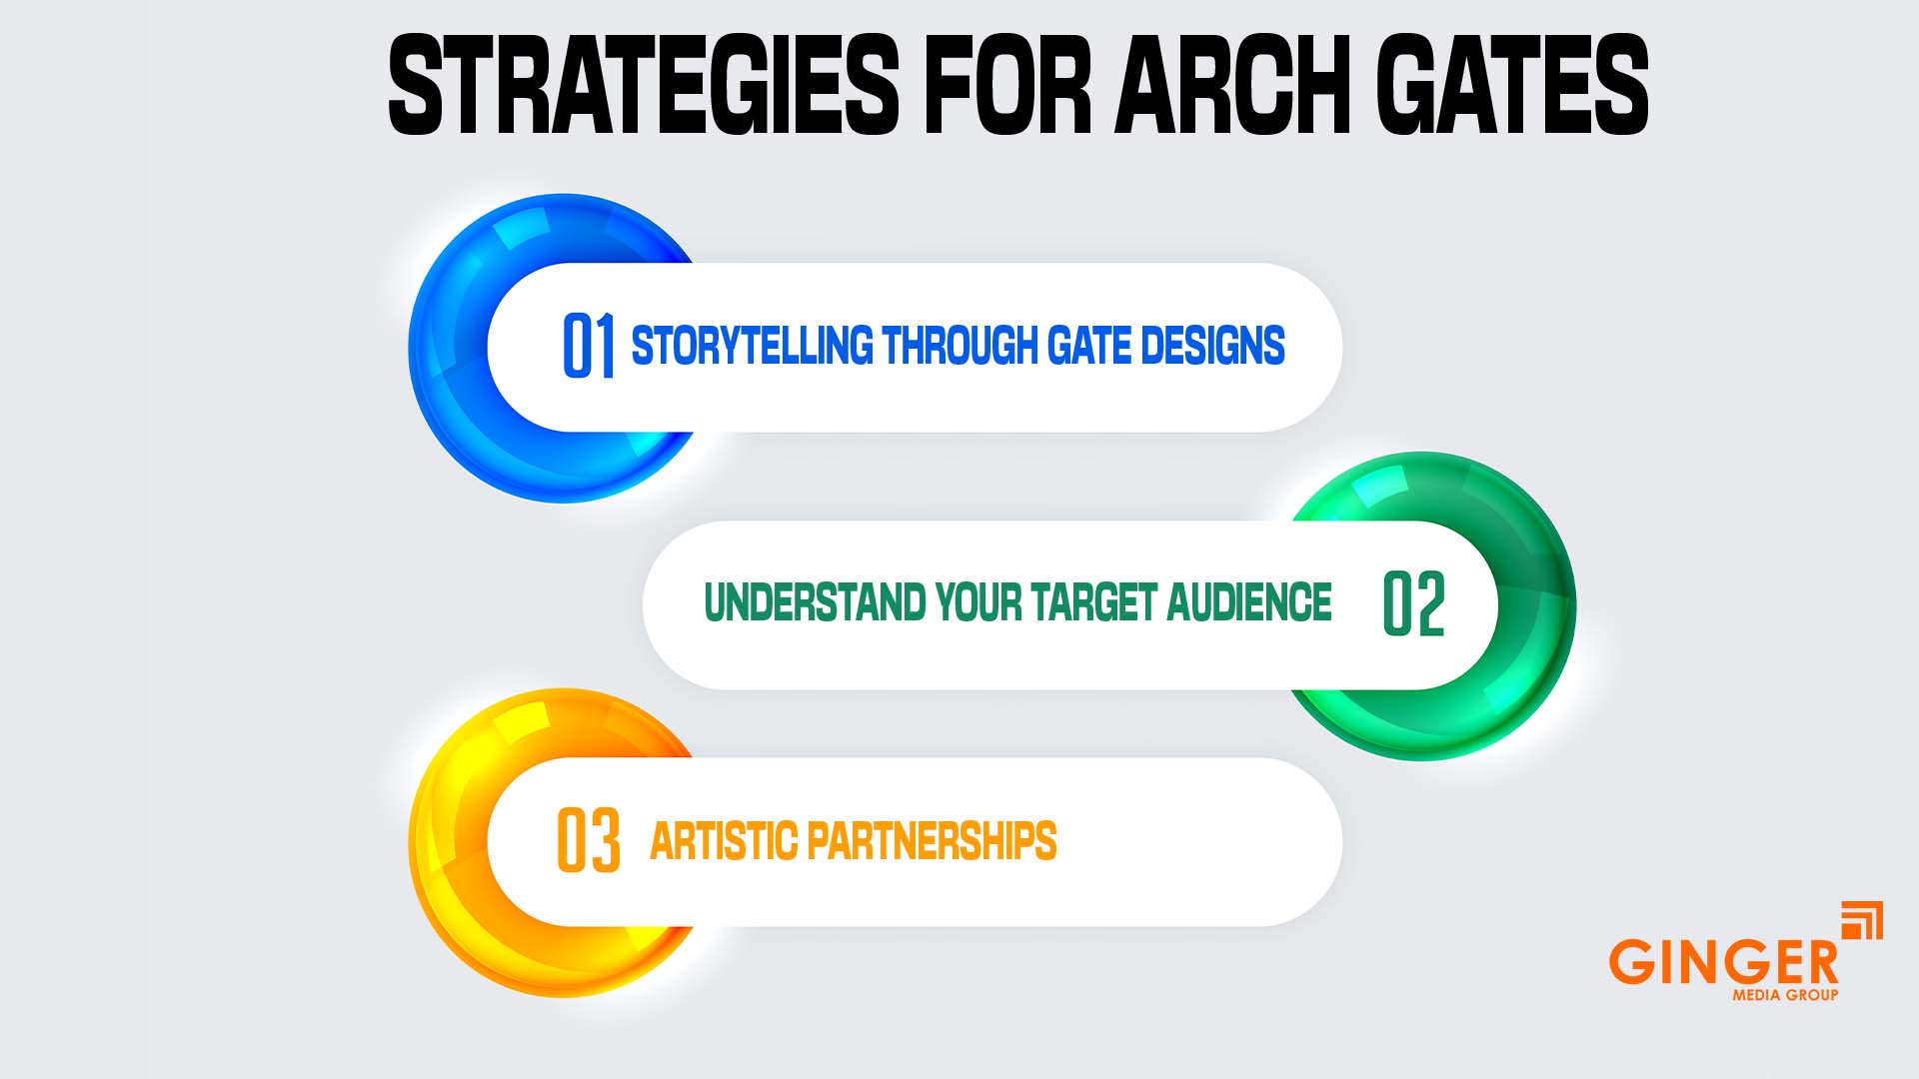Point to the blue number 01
(588, 346)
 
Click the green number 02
(1413, 604)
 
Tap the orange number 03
(588, 841)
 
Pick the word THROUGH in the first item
(959, 346)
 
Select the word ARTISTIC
(723, 841)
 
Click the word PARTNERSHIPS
(931, 841)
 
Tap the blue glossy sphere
(450, 350)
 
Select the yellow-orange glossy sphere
(450, 844)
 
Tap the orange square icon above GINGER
(1862, 920)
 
